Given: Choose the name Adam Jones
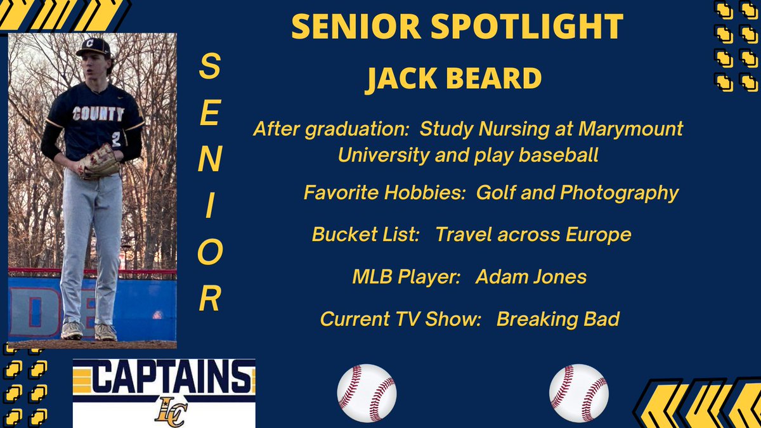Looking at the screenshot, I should [x=531, y=277].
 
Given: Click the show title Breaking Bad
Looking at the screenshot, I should [x=557, y=319].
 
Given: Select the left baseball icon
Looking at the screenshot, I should [x=367, y=393].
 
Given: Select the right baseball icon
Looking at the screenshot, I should [x=578, y=393].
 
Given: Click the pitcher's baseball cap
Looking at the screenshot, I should [x=93, y=48].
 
